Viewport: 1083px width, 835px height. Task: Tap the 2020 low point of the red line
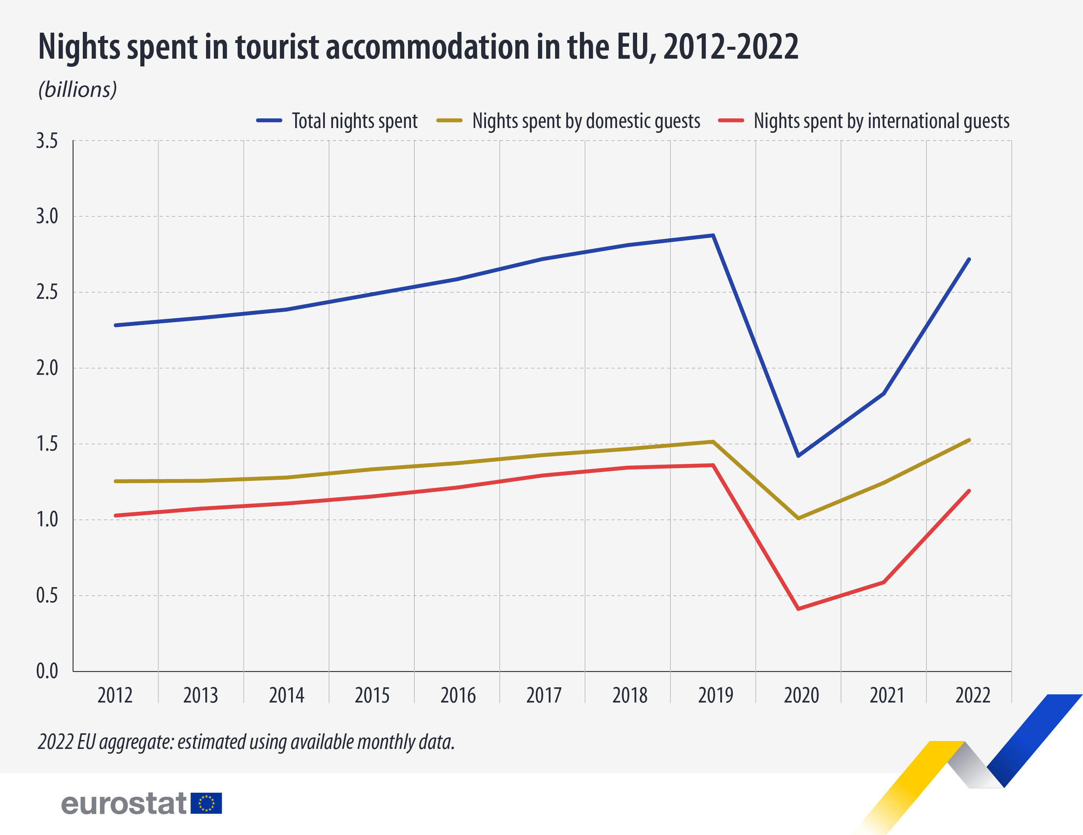[x=798, y=609]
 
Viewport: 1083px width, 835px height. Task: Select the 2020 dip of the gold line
[x=798, y=518]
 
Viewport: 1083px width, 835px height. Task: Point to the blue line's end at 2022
[x=969, y=259]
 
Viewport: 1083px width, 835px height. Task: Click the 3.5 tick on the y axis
[x=47, y=141]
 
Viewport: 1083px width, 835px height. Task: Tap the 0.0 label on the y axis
[x=47, y=671]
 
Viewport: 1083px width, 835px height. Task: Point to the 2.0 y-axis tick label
[x=47, y=368]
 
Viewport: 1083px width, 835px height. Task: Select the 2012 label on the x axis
[x=115, y=695]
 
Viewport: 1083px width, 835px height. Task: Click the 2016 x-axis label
[x=458, y=695]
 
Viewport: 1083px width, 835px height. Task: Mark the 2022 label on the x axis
[x=972, y=695]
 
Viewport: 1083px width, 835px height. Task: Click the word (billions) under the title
[x=78, y=90]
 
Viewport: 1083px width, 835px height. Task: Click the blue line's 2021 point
[x=884, y=393]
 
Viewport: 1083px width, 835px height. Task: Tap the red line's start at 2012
[x=115, y=516]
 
